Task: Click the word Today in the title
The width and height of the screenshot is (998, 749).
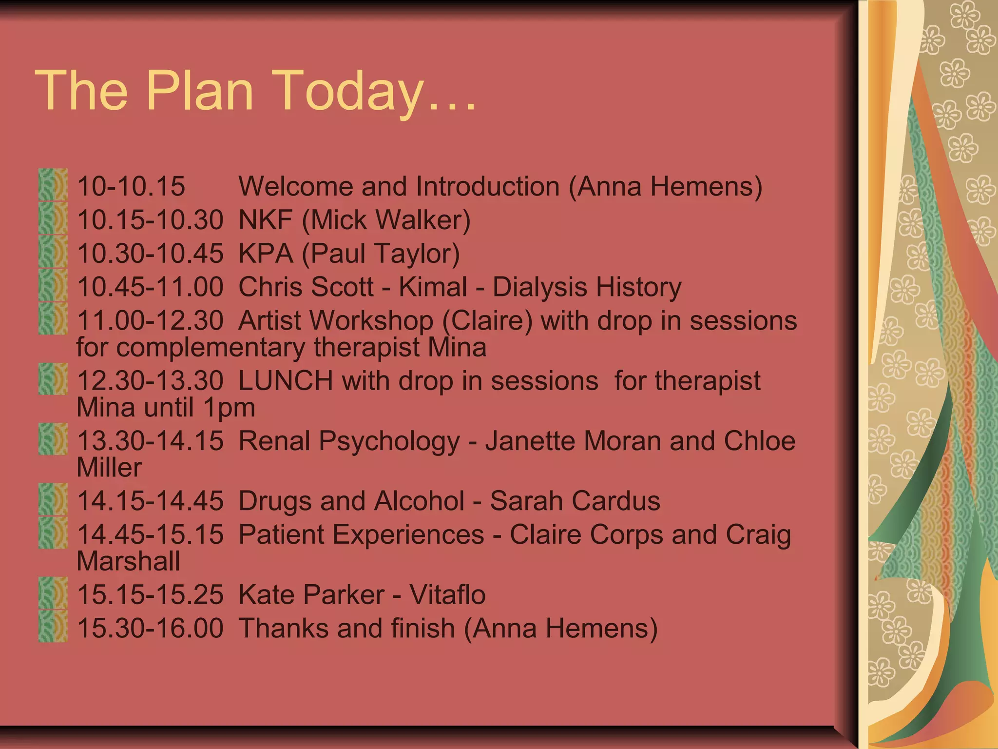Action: coord(350,91)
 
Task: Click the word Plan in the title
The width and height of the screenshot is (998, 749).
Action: coord(200,90)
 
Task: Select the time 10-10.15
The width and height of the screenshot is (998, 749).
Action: coord(131,186)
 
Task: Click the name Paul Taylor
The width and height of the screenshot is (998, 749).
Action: coord(381,254)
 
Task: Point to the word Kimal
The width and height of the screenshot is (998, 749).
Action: coord(433,287)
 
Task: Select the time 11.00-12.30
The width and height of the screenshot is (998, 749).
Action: coord(150,321)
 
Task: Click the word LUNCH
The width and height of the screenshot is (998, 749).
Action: coord(286,381)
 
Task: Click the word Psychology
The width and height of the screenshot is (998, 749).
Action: coord(389,441)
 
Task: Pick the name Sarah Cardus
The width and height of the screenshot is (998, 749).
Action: coord(575,501)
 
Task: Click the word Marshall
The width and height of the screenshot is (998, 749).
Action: coord(128,561)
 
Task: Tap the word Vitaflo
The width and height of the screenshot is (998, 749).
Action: coord(447,594)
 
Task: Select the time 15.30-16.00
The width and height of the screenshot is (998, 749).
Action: coord(150,628)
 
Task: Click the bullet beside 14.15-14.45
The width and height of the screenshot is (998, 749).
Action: coord(53,499)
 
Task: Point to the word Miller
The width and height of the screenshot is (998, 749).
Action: coord(109,468)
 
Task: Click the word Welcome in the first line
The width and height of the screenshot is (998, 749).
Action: coord(296,186)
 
